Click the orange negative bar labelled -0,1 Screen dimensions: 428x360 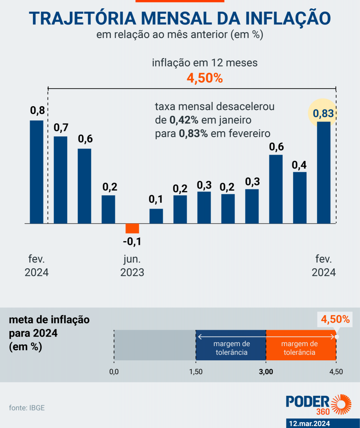(x=132, y=228)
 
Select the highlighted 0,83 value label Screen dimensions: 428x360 (x=324, y=113)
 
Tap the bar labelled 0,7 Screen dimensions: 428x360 (x=61, y=180)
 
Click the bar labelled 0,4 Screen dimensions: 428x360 (x=300, y=197)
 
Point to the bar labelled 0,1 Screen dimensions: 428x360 (x=156, y=216)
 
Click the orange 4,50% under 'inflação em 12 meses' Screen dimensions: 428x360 (x=205, y=78)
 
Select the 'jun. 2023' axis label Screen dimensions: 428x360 (x=132, y=266)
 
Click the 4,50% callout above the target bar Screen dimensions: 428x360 (x=335, y=320)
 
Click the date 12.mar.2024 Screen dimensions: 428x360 (x=309, y=423)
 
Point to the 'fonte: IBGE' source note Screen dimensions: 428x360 (x=27, y=408)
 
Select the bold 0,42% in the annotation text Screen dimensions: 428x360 (x=184, y=120)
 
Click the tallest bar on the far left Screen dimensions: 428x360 (x=37, y=172)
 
